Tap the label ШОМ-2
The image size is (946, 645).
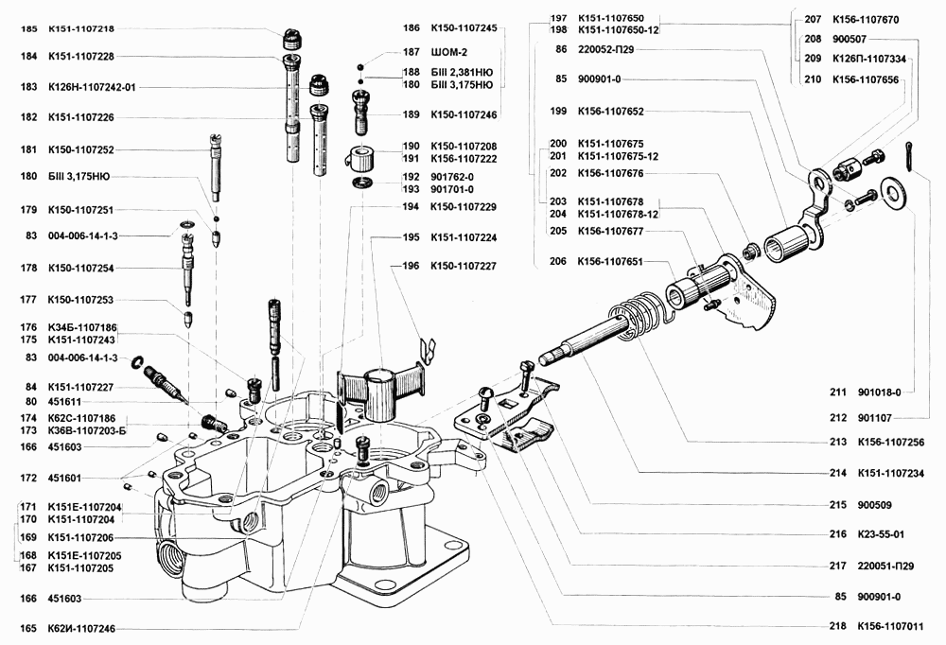click(450, 52)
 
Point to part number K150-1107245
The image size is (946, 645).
click(464, 28)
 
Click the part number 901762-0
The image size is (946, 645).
click(451, 177)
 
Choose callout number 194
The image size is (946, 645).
click(410, 206)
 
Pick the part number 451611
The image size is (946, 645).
click(62, 401)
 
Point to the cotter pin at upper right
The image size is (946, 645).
click(910, 156)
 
